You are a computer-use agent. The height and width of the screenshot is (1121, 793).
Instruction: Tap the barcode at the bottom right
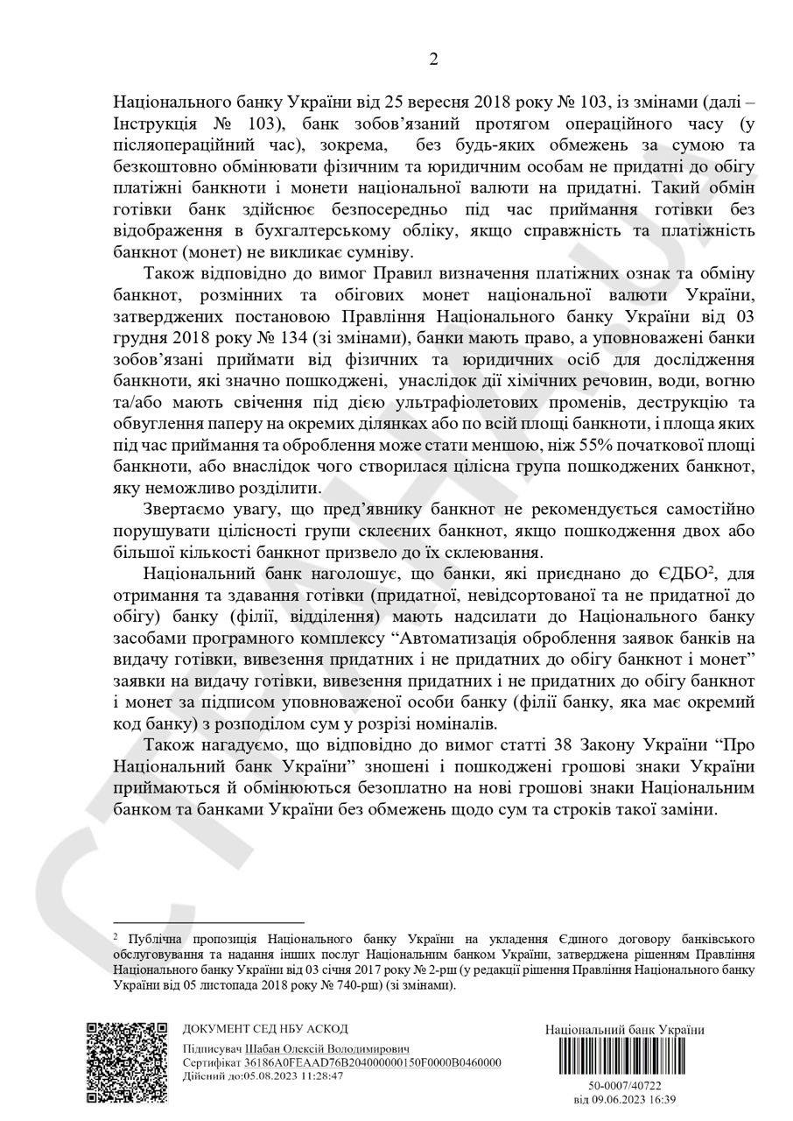coord(624,1058)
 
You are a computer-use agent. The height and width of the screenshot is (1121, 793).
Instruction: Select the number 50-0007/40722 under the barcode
coord(625,1086)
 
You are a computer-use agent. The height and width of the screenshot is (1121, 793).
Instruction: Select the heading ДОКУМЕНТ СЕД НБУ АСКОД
coord(265,1029)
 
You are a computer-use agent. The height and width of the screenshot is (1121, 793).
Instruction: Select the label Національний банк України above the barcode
coord(624,1029)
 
